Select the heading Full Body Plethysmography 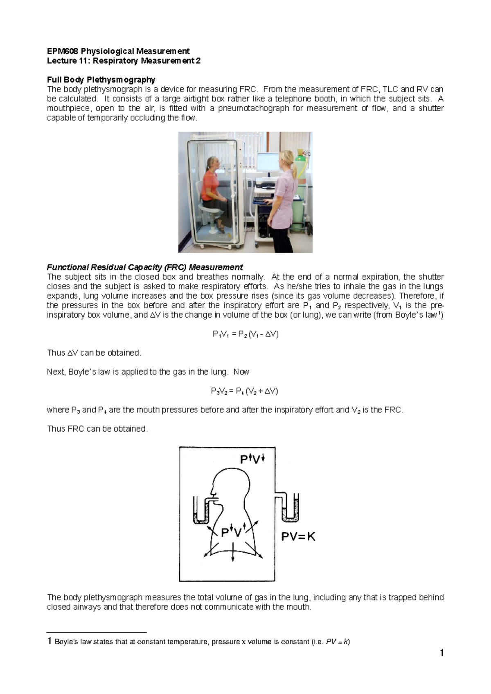tap(101, 80)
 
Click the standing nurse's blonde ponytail tap(292, 162)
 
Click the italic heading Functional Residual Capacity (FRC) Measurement tap(145, 267)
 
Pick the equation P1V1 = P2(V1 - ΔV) tap(245, 334)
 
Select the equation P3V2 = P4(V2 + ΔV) tap(245, 391)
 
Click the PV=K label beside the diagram tap(298, 537)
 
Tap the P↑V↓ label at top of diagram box tap(252, 459)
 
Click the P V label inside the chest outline tap(232, 532)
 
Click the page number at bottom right tap(441, 653)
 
